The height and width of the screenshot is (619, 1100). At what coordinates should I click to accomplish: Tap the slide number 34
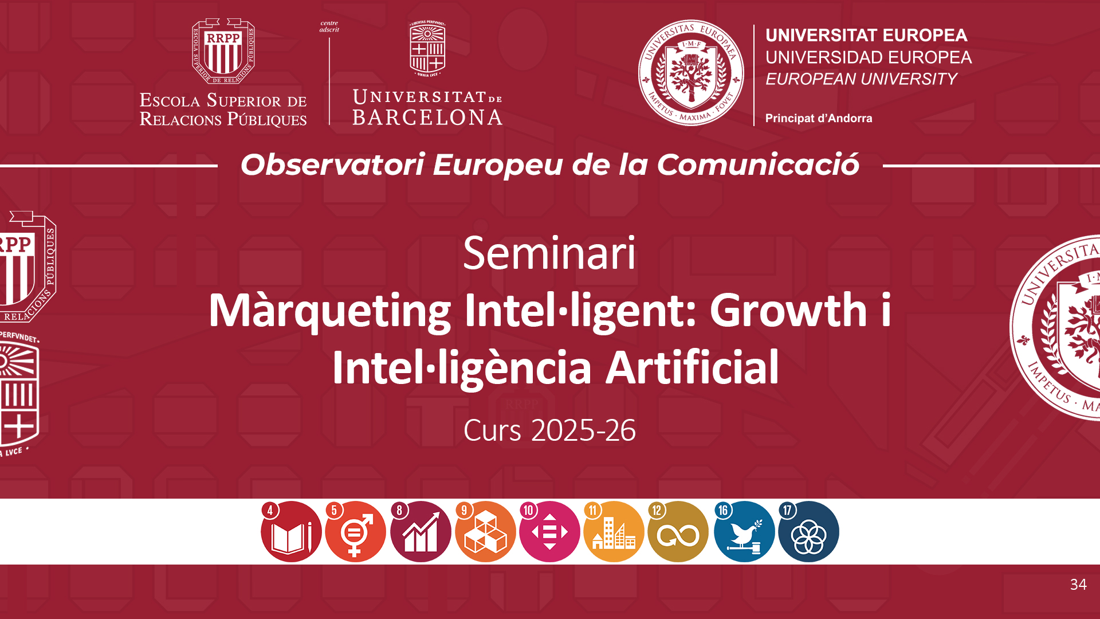click(1078, 584)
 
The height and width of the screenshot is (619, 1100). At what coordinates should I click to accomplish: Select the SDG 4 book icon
click(291, 532)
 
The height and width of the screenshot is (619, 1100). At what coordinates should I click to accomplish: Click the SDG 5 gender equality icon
click(355, 532)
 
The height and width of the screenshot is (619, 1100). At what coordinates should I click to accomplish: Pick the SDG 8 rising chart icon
click(421, 532)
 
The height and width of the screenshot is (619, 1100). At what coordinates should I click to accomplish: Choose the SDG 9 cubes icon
click(485, 532)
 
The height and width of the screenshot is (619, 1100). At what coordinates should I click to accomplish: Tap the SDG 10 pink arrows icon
click(549, 532)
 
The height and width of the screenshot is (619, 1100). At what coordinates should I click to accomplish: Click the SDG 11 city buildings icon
click(614, 532)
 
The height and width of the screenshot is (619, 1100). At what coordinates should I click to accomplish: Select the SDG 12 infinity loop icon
click(678, 532)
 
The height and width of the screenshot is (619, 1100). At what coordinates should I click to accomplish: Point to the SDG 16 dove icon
click(744, 532)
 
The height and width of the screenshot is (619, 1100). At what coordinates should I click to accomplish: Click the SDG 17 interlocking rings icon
click(808, 532)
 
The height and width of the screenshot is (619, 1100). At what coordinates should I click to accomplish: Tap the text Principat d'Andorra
click(819, 118)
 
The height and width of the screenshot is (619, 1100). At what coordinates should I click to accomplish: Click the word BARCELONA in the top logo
click(427, 117)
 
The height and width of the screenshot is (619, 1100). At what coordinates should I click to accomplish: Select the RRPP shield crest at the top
click(223, 52)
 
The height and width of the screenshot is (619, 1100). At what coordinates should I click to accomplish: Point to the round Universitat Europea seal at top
click(692, 73)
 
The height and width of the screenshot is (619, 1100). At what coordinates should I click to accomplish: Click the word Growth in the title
click(789, 310)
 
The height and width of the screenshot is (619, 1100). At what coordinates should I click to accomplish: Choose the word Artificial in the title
click(693, 367)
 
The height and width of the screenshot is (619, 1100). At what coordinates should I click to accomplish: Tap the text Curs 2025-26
click(549, 430)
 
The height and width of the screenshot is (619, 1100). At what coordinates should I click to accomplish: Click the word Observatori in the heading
click(333, 165)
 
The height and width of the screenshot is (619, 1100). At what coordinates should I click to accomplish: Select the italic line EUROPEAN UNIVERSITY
click(861, 79)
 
